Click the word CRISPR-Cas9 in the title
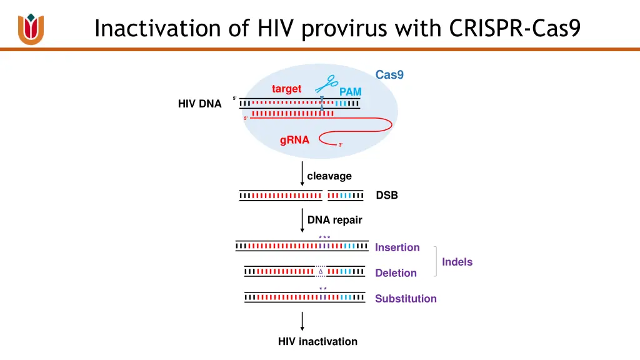[515, 28]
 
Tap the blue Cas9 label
[389, 75]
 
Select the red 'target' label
[286, 89]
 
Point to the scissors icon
[326, 84]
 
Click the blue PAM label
[350, 92]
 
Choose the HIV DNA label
[199, 104]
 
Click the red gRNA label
[294, 140]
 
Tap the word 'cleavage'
[329, 176]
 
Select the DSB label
[387, 196]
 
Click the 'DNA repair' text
[334, 220]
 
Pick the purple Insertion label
[397, 247]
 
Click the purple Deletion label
[396, 273]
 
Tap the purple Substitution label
[406, 299]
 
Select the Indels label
[457, 262]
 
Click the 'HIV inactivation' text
[317, 342]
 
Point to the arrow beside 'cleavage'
[302, 174]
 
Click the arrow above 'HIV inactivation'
[302, 321]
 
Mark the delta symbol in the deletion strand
[321, 271]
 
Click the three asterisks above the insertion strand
[324, 237]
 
